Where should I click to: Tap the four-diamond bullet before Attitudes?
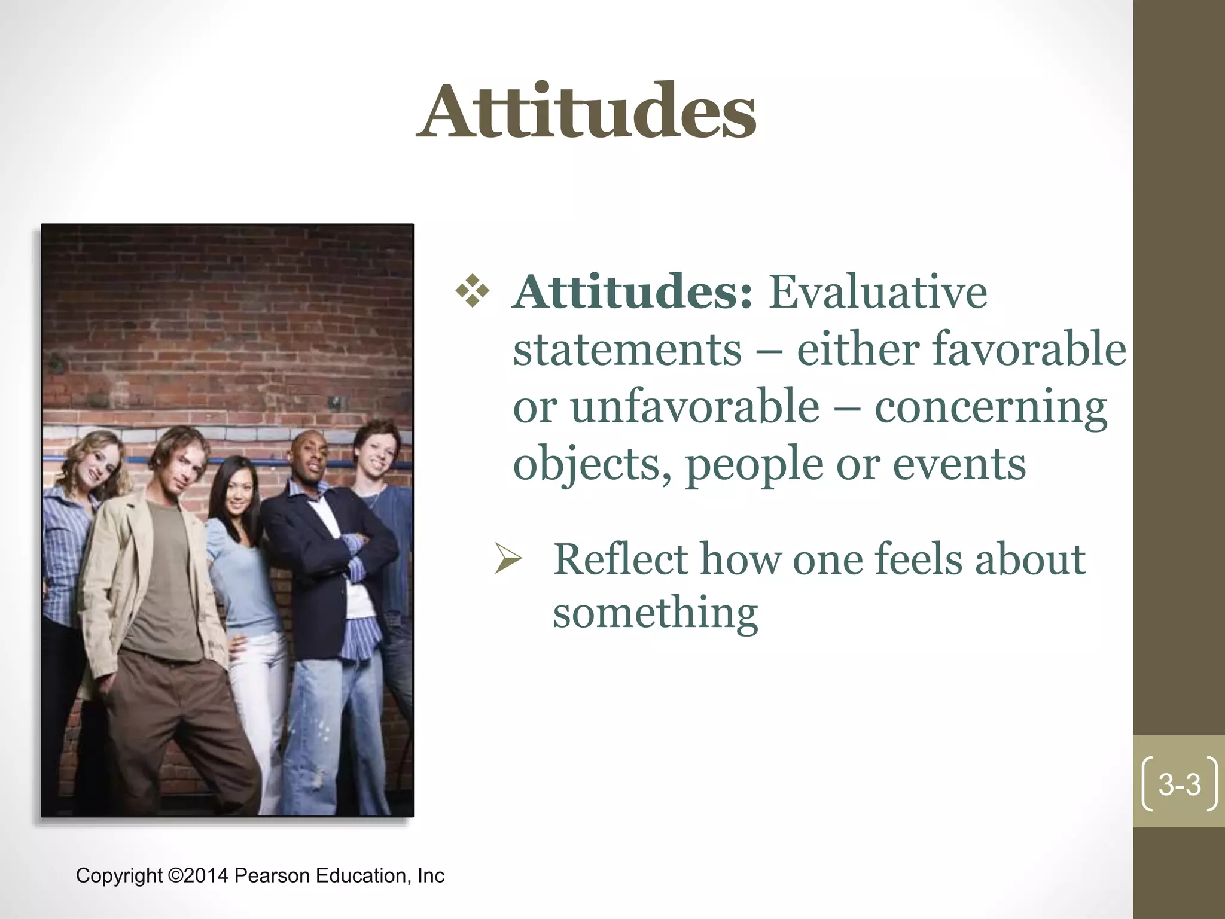[x=473, y=291]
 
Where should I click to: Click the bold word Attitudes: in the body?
[x=633, y=292]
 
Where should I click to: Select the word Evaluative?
[x=877, y=292]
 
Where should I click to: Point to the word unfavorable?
[x=695, y=407]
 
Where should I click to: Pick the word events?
[x=959, y=464]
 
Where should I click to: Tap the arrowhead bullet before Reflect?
[x=508, y=560]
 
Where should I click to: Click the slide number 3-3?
[x=1180, y=784]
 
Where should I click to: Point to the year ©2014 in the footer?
[x=199, y=875]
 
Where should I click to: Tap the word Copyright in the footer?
[x=119, y=875]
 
